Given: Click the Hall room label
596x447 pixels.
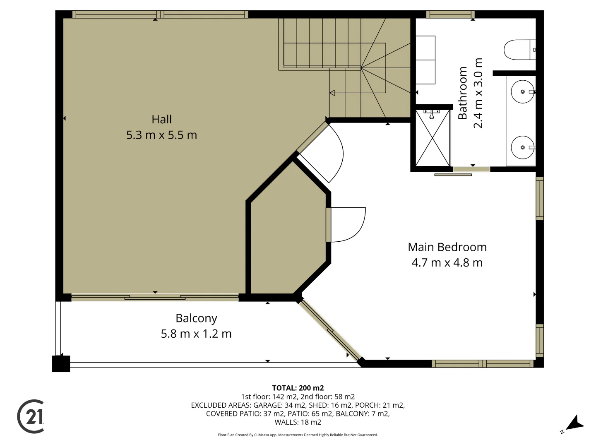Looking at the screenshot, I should [x=161, y=120].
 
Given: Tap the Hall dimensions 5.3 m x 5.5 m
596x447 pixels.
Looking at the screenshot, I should [x=161, y=135].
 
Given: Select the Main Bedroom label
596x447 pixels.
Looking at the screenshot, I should [x=447, y=247].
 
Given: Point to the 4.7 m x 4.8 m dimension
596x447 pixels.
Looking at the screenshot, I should [x=447, y=263].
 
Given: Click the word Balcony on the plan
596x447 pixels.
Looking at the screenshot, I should [x=196, y=318].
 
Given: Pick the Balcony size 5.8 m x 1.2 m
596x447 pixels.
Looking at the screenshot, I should [x=196, y=334].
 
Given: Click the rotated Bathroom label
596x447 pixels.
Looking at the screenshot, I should [x=462, y=93].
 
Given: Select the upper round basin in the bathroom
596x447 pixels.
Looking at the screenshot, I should [x=522, y=91].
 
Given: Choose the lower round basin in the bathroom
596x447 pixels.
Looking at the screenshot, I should [x=522, y=147].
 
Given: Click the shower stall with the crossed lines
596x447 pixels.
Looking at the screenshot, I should [x=433, y=138].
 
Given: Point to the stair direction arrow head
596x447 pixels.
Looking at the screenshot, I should [x=332, y=93].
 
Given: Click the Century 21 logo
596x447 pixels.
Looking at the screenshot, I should [x=31, y=416].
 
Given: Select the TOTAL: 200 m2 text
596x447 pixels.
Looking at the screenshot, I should [x=298, y=388].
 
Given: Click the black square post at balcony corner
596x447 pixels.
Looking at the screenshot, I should [x=61, y=364].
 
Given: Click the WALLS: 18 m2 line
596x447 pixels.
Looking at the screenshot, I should [x=298, y=422].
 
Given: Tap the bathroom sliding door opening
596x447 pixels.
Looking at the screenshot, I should [x=471, y=169].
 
